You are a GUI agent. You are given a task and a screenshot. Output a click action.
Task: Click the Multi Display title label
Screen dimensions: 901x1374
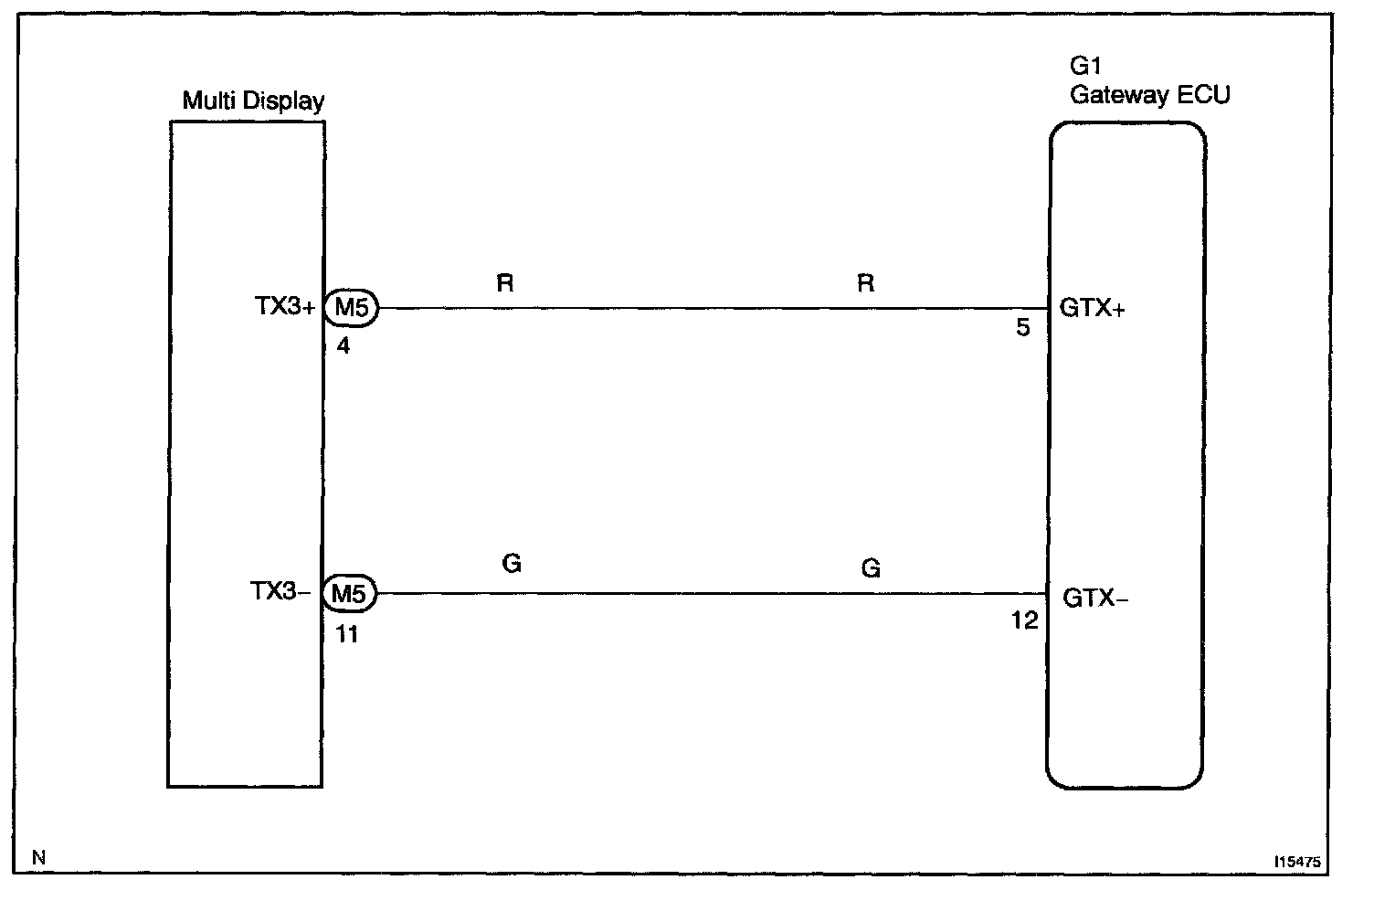tap(253, 101)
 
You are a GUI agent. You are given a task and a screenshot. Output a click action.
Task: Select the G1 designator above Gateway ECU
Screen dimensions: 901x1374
tap(1085, 67)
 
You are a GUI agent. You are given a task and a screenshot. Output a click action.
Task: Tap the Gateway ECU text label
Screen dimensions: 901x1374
tap(1149, 95)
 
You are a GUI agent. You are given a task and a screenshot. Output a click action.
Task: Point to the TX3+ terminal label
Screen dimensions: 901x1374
tap(284, 308)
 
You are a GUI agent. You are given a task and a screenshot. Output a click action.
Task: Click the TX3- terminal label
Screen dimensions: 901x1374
tap(280, 593)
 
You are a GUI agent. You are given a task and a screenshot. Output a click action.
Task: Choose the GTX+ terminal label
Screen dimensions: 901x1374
tap(1093, 309)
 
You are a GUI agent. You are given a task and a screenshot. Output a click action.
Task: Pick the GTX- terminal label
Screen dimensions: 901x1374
tap(1095, 599)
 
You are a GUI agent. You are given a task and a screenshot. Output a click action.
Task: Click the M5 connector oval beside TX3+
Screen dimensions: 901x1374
tap(351, 309)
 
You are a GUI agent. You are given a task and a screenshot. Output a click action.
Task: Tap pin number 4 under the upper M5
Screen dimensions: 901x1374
tap(343, 346)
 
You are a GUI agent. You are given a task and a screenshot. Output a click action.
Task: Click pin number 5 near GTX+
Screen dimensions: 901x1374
tap(1023, 327)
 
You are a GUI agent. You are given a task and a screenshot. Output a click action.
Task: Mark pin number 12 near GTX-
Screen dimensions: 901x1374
tap(1024, 621)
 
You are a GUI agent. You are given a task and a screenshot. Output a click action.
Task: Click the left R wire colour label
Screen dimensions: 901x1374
tap(505, 284)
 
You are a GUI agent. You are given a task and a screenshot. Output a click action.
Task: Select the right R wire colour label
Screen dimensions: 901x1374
tap(865, 284)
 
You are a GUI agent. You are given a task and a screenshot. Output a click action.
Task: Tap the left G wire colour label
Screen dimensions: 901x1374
tap(512, 564)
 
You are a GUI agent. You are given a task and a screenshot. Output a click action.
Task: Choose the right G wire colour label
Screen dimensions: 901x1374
tap(871, 569)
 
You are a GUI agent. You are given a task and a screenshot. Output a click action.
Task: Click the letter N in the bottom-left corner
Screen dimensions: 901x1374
tap(38, 857)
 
